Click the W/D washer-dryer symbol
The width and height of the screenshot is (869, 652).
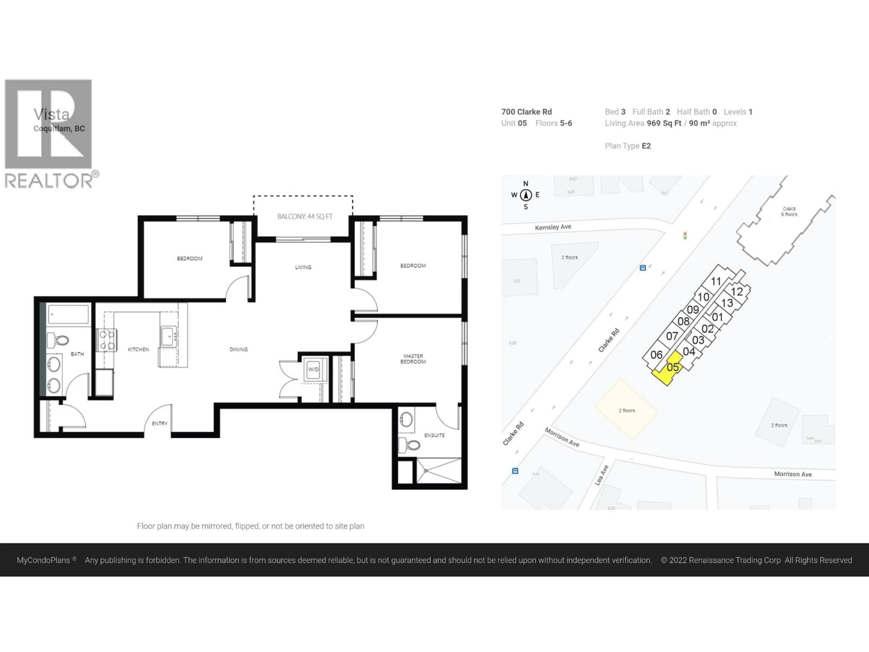click(x=313, y=369)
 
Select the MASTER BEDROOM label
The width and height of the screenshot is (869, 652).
click(x=413, y=359)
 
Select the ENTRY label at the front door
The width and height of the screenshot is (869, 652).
click(x=160, y=423)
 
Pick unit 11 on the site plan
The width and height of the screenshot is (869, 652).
click(x=716, y=281)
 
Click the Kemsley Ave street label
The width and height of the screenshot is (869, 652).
click(x=553, y=227)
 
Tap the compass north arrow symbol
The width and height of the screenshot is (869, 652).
click(x=526, y=195)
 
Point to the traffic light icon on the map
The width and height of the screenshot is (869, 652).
click(x=685, y=236)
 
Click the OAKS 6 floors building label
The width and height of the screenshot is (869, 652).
click(x=789, y=211)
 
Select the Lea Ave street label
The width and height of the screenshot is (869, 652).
click(x=602, y=475)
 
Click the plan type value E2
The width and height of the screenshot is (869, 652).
click(x=646, y=146)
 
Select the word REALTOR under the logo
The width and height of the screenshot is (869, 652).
click(x=49, y=181)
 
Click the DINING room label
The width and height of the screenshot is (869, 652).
click(x=239, y=349)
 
